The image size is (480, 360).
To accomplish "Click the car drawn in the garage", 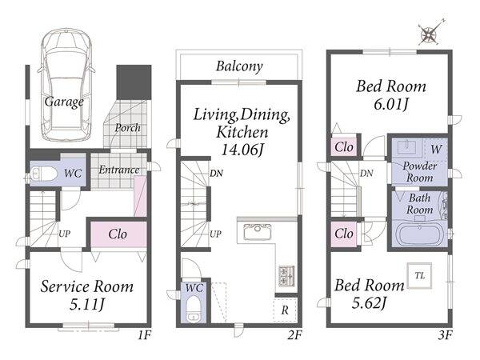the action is (x=66, y=85).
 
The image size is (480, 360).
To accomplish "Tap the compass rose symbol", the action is (x=430, y=34).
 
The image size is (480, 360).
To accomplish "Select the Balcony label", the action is (x=239, y=66).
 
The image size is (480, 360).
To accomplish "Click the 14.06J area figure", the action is (x=242, y=150).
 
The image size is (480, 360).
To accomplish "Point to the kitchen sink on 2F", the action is (x=257, y=232).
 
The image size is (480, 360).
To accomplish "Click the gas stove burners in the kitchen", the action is (x=286, y=276).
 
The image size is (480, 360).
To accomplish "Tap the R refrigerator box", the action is (x=285, y=310).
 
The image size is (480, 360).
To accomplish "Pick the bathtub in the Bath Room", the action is (x=420, y=234).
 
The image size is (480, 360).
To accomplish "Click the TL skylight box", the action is (x=420, y=275).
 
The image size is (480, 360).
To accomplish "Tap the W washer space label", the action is (x=436, y=150).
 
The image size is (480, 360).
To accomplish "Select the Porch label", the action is (x=128, y=128).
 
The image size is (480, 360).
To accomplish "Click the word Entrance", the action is (x=118, y=170).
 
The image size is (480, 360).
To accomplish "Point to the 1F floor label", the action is (x=144, y=335).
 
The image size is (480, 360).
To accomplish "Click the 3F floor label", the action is (x=445, y=335).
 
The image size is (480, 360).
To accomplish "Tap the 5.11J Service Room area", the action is (x=87, y=304).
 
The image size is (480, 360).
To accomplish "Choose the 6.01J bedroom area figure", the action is (x=391, y=104).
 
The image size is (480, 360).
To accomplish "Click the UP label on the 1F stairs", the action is (x=64, y=234).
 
